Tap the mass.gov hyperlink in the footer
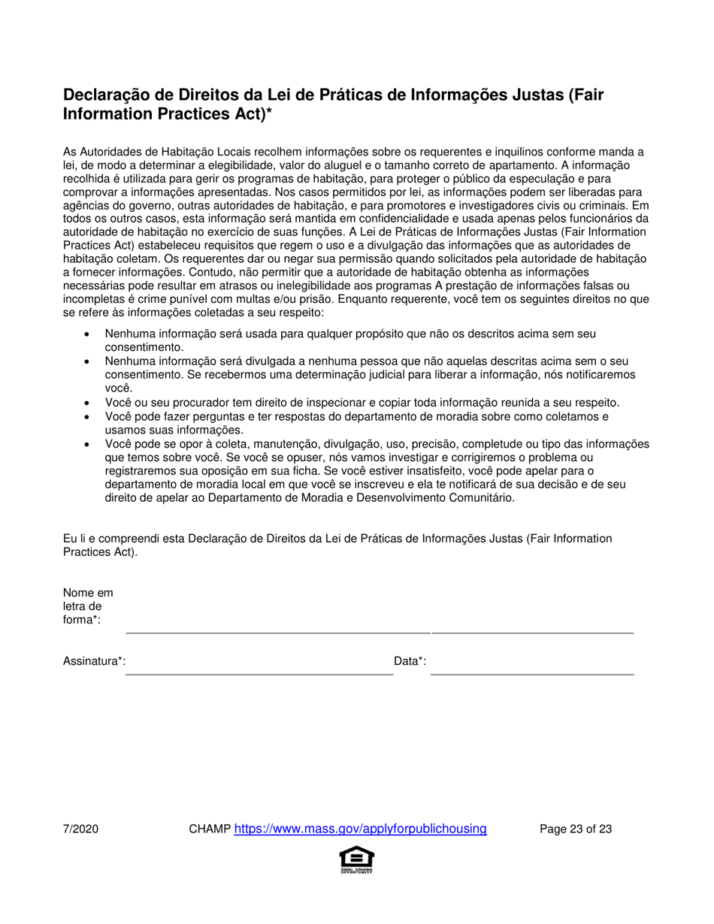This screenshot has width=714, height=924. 361,829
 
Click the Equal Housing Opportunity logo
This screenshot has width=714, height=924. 357,859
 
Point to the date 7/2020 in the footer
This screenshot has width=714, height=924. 80,830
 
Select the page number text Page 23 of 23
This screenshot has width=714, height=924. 576,830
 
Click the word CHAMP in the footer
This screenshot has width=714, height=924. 210,830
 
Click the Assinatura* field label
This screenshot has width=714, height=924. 94,661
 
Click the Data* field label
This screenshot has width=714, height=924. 410,661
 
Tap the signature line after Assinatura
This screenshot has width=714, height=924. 259,673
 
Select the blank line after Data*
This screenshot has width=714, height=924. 532,673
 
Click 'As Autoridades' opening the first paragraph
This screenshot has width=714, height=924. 100,152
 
